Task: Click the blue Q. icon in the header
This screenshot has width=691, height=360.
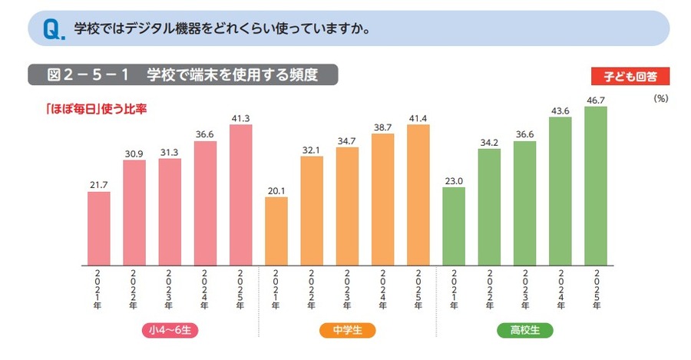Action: (53, 30)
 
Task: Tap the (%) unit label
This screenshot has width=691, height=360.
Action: (661, 99)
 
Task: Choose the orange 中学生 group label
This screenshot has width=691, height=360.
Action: (346, 331)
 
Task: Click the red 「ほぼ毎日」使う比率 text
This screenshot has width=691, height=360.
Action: (96, 108)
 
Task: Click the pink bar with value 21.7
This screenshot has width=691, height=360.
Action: (98, 228)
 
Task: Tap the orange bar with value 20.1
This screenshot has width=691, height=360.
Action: (276, 230)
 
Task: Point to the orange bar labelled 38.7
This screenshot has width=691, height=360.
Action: (382, 199)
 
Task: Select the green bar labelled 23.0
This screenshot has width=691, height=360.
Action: (454, 226)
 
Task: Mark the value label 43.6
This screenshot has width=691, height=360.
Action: (560, 111)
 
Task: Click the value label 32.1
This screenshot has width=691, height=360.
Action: (312, 150)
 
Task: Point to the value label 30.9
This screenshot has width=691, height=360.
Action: (134, 154)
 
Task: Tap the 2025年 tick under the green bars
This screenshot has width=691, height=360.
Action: (595, 289)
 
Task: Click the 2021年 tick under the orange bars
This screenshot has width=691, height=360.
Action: (276, 289)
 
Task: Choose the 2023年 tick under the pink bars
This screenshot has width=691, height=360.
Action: (170, 289)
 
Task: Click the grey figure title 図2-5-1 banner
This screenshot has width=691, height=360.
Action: (183, 74)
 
